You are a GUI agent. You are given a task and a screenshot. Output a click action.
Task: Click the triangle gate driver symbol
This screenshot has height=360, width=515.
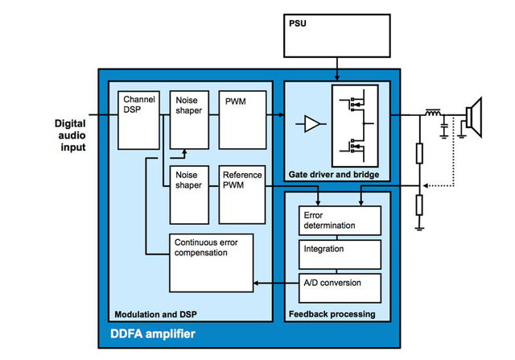click(x=310, y=123)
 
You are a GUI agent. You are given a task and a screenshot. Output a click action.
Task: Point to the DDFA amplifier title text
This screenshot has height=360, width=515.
click(x=152, y=333)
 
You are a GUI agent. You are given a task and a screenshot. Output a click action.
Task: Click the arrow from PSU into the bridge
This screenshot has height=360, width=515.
click(x=339, y=72)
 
